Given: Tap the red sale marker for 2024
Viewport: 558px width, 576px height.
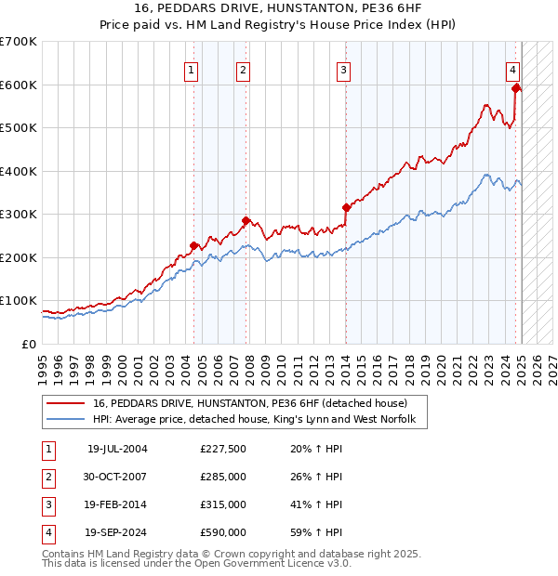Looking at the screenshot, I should point(515,88).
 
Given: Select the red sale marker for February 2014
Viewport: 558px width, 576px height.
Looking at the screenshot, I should point(346,207).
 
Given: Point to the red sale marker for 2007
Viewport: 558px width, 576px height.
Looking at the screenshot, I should point(246,220).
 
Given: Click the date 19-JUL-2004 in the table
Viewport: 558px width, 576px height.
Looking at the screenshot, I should point(117,449).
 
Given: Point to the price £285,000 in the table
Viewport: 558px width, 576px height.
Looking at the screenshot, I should point(222,477).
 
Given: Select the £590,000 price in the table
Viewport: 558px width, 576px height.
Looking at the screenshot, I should point(222,532).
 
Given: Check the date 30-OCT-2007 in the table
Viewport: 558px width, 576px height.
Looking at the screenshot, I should point(115,477).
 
